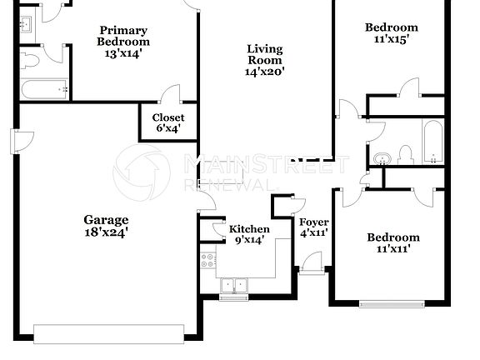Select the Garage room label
pyautogui.click(x=106, y=220)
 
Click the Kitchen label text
pyautogui.click(x=249, y=229)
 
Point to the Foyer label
pyautogui.click(x=313, y=222)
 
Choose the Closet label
pyautogui.click(x=168, y=117)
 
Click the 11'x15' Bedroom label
pyautogui.click(x=392, y=27)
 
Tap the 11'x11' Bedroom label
pyautogui.click(x=393, y=237)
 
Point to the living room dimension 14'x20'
pyautogui.click(x=264, y=72)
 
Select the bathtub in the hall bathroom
pyautogui.click(x=433, y=142)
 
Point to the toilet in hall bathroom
pyautogui.click(x=406, y=155)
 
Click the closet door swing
pyautogui.click(x=171, y=94)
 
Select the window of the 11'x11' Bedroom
pyautogui.click(x=390, y=303)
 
